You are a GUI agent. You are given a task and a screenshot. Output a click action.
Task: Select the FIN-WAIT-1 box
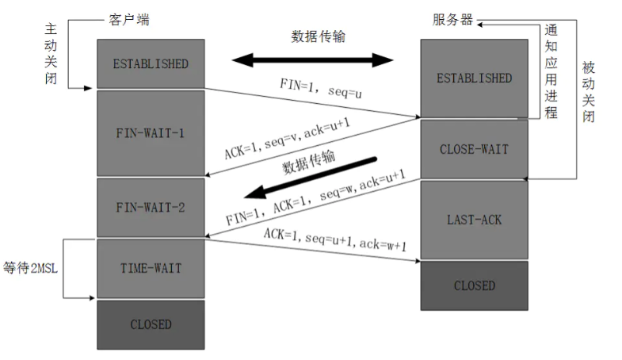coord(151,132)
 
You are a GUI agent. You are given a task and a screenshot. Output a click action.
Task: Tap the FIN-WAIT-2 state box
coord(151,207)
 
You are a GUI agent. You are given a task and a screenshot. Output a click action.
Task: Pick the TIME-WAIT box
coord(151,267)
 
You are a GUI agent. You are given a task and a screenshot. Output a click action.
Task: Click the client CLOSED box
coord(151,324)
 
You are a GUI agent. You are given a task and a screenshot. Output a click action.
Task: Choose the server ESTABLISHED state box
coord(474,79)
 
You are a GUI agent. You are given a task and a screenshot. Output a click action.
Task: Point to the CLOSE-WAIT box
coord(474,148)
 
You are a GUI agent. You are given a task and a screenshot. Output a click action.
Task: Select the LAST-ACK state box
coord(474,219)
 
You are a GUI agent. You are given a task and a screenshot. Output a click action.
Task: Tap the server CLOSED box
coord(474,285)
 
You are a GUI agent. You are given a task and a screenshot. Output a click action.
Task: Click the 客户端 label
coord(126,19)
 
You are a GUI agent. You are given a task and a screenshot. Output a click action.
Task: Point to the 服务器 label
coord(452,19)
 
